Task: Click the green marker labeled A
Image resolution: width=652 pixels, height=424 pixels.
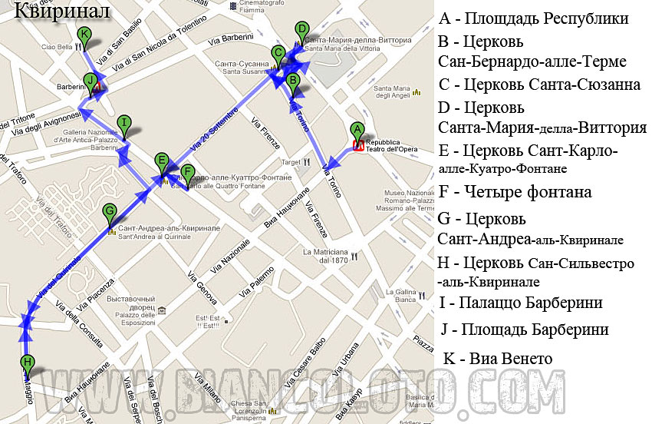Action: tap(356, 131)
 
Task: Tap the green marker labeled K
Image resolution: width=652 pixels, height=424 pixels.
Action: tap(84, 35)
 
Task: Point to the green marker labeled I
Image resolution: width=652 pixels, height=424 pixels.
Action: tap(124, 123)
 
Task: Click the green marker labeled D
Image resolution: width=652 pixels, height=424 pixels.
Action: tap(301, 30)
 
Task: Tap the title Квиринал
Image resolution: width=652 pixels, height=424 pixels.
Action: tap(62, 12)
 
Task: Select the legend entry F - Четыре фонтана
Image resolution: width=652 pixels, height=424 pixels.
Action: tap(515, 191)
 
